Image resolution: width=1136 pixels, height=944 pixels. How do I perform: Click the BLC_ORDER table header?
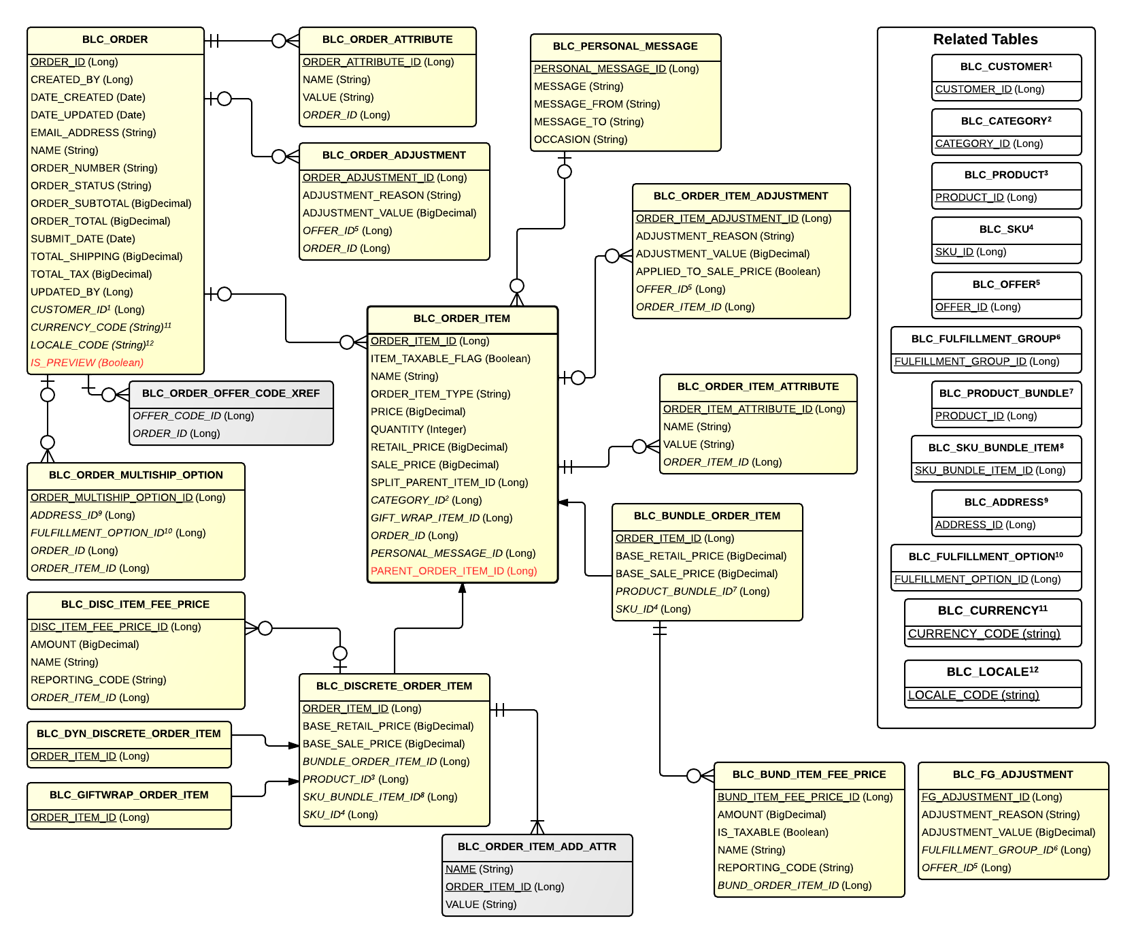pyautogui.click(x=115, y=39)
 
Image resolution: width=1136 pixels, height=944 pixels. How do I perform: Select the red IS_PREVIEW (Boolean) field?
pyautogui.click(x=87, y=363)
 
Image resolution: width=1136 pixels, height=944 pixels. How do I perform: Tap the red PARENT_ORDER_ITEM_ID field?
pyautogui.click(x=454, y=571)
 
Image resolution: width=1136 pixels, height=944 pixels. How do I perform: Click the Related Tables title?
pyautogui.click(x=985, y=39)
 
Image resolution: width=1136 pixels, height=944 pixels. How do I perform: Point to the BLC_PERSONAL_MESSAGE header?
pyautogui.click(x=625, y=46)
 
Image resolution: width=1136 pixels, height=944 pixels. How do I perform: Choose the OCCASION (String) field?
pyautogui.click(x=580, y=140)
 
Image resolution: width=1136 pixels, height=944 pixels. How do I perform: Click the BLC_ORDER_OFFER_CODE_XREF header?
pyautogui.click(x=231, y=393)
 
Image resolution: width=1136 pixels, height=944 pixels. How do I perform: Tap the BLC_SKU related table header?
pyautogui.click(x=1006, y=229)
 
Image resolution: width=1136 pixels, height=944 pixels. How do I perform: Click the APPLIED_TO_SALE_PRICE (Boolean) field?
pyautogui.click(x=728, y=272)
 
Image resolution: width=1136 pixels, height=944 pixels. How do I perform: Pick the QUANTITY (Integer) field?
pyautogui.click(x=418, y=429)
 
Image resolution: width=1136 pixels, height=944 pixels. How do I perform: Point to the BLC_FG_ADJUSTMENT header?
pyautogui.click(x=1013, y=775)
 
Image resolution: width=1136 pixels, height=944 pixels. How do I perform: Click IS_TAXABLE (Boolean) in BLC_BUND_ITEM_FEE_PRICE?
pyautogui.click(x=773, y=832)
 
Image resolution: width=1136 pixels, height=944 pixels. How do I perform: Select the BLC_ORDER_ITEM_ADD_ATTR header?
pyautogui.click(x=537, y=847)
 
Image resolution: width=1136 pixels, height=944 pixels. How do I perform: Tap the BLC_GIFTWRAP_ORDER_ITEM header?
pyautogui.click(x=129, y=795)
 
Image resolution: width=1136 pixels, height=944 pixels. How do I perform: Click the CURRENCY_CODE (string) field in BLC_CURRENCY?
pyautogui.click(x=984, y=634)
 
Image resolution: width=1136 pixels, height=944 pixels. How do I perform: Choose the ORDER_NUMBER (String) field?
pyautogui.click(x=94, y=168)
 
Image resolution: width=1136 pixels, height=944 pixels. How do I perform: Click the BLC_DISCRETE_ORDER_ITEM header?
pyautogui.click(x=394, y=686)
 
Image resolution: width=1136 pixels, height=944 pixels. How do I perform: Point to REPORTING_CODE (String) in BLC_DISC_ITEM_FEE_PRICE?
pyautogui.click(x=98, y=680)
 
